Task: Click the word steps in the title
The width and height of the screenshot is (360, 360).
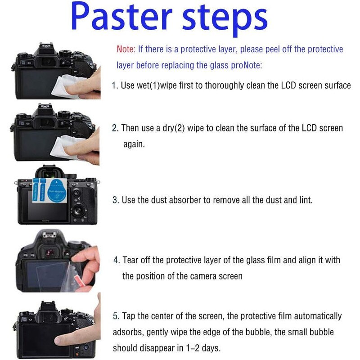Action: (x=225, y=19)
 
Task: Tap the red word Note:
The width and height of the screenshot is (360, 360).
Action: (x=126, y=49)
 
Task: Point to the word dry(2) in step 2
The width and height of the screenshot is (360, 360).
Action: (x=174, y=128)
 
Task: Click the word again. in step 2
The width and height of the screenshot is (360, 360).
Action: (x=134, y=144)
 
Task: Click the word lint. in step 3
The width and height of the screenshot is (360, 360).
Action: (x=306, y=200)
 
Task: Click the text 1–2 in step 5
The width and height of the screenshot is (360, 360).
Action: (x=193, y=348)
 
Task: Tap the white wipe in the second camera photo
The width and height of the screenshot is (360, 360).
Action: (x=65, y=147)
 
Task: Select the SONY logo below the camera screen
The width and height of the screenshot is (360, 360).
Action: (x=46, y=221)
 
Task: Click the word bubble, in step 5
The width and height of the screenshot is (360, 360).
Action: (x=258, y=332)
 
